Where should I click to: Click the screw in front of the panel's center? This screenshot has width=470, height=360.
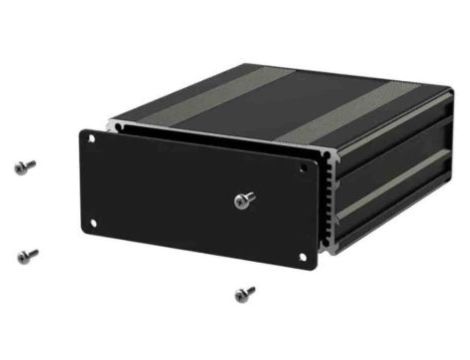pos(243,201)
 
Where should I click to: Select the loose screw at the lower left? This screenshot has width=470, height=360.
pos(28,256)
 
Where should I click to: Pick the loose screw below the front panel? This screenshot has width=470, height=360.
pos(244,294)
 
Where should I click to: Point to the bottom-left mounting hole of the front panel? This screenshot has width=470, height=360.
pos(93,222)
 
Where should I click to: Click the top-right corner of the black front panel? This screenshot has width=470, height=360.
pos(317,155)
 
